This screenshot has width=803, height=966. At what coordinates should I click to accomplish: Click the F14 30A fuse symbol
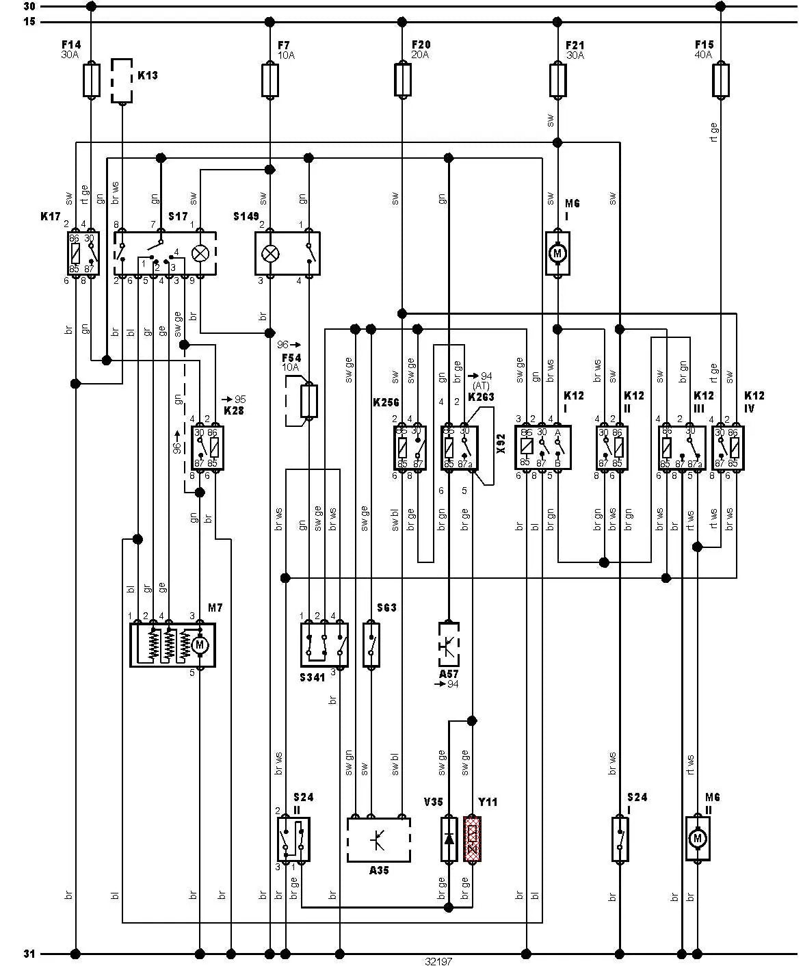91,80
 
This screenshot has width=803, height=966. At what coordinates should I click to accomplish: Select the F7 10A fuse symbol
270,80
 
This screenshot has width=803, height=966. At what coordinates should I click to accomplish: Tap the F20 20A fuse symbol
403,80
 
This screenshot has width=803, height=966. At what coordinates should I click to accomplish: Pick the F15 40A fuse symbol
720,80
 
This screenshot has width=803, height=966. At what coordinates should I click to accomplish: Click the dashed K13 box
122,81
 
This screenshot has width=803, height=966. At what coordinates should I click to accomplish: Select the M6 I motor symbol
557,254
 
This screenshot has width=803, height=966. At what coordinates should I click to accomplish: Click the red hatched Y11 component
472,838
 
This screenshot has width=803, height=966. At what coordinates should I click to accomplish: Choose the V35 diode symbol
449,838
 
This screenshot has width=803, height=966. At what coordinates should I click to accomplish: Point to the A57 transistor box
449,644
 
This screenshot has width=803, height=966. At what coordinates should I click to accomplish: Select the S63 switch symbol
371,644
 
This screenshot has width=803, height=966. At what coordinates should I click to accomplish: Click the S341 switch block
324,644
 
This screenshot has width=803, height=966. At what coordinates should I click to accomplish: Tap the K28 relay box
208,447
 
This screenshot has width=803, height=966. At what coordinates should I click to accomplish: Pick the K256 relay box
410,447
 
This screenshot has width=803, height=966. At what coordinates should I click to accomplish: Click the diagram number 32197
438,961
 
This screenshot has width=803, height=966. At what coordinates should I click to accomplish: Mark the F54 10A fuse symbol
309,401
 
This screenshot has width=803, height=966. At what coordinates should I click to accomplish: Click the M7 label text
215,608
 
